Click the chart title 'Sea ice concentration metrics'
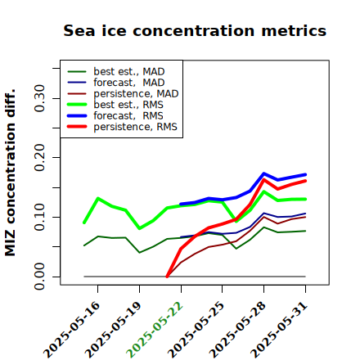click(195, 30)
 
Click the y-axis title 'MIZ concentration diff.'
click(10, 173)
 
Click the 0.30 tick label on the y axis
click(39, 98)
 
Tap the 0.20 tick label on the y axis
click(39, 158)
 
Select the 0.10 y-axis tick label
click(39, 217)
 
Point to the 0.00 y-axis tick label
click(39, 277)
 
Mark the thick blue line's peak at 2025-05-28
click(263, 173)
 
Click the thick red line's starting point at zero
click(167, 277)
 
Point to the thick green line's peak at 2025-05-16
click(98, 198)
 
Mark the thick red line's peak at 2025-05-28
click(263, 179)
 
